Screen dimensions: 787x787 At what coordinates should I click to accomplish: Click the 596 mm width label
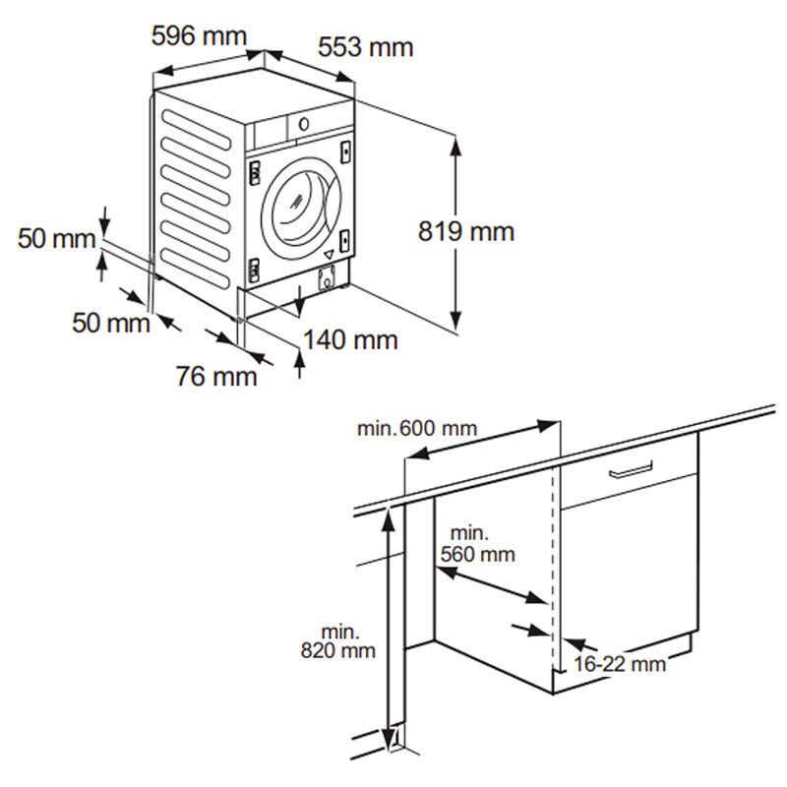click(x=198, y=36)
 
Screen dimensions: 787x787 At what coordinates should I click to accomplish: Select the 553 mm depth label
click(x=365, y=46)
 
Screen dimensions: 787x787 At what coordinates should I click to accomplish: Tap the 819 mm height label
click(x=465, y=232)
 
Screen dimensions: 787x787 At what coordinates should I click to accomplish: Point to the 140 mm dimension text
click(x=350, y=340)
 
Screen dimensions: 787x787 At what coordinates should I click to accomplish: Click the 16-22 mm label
click(x=620, y=664)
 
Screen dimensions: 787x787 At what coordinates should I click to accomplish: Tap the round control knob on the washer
click(x=303, y=124)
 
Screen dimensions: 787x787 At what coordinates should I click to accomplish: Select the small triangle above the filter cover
click(x=328, y=256)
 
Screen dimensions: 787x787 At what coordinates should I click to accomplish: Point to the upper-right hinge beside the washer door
click(x=346, y=151)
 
